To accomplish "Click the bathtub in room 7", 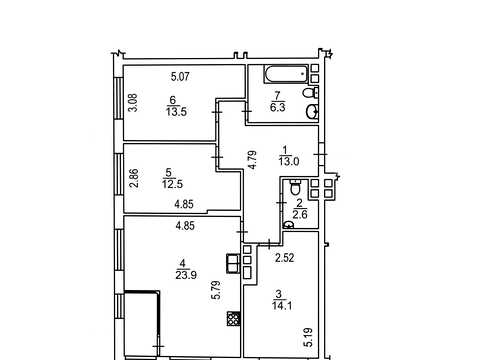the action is click(x=286, y=74).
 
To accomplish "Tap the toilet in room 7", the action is click(x=311, y=93).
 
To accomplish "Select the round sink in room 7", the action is click(x=312, y=112).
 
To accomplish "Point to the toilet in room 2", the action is click(x=295, y=188).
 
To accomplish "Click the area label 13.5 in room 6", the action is click(x=176, y=112).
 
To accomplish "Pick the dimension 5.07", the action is click(x=180, y=77).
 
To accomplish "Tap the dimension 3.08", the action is click(x=133, y=103).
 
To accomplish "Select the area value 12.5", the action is click(x=172, y=184).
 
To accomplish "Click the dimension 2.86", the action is click(x=133, y=179).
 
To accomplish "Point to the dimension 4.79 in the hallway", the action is click(x=252, y=160).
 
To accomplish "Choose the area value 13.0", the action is click(x=289, y=162).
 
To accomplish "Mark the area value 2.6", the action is click(x=299, y=214).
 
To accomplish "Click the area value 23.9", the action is click(x=186, y=275).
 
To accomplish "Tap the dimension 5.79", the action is click(x=216, y=290).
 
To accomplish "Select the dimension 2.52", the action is click(x=284, y=258).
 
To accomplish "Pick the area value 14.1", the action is click(x=282, y=306).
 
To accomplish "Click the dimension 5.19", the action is click(x=309, y=337).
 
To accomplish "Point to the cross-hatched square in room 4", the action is click(x=233, y=318).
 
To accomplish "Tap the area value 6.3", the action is click(x=277, y=108).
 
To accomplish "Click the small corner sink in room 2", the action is click(x=288, y=225).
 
